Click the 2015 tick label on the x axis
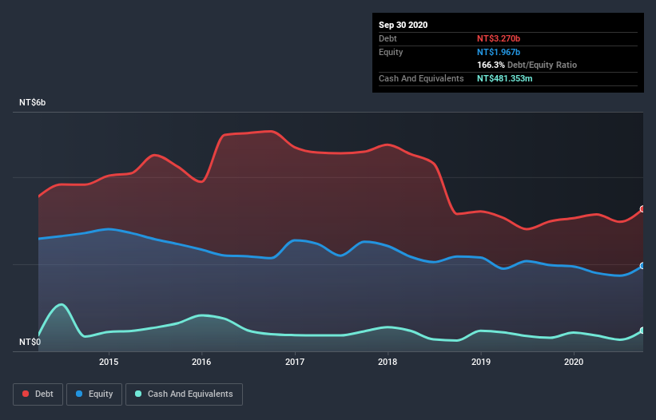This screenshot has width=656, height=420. click(109, 362)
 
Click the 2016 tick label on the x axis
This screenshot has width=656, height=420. click(201, 362)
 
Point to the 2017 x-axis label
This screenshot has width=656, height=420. click(295, 362)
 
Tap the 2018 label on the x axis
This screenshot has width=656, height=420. click(388, 362)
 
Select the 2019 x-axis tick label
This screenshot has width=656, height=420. click(481, 362)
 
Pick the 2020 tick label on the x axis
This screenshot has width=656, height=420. click(574, 362)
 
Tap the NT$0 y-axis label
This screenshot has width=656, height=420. click(31, 342)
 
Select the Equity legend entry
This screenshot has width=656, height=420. click(94, 394)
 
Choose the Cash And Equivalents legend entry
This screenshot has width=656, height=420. click(183, 394)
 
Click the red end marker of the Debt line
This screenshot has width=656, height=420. click(642, 209)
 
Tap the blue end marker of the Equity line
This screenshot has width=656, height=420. click(642, 266)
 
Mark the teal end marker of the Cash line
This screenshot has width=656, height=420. click(642, 331)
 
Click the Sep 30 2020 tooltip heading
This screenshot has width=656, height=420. click(403, 25)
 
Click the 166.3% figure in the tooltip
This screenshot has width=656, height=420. click(491, 65)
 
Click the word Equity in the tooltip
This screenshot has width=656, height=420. click(392, 52)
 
